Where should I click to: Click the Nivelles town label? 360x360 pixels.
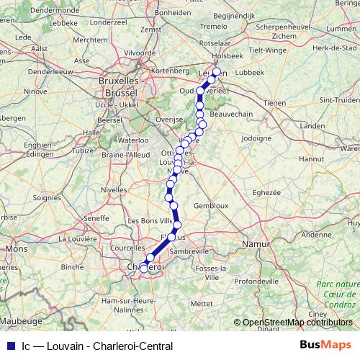(x=114, y=189)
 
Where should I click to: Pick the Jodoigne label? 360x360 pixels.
(x=256, y=137)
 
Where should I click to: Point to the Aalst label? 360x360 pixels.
(x=40, y=48)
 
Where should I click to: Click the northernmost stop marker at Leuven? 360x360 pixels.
(x=216, y=72)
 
